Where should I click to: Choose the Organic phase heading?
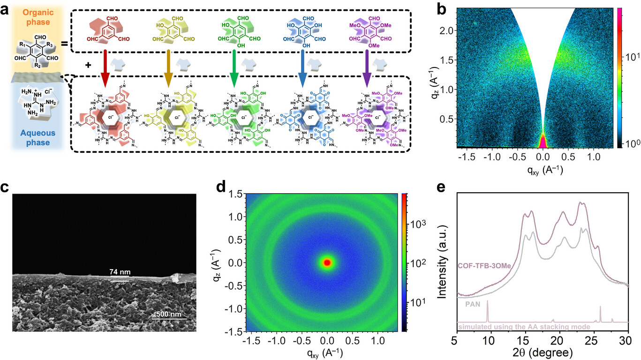coord(31,13)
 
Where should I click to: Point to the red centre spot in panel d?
coord(327,262)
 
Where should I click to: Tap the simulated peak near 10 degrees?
coord(488,312)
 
